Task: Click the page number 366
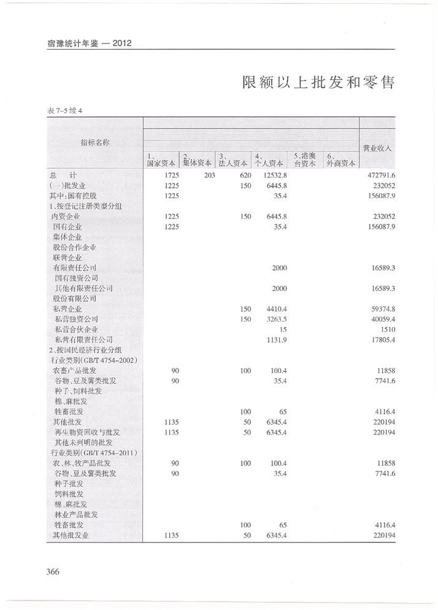52,572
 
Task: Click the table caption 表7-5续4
64,110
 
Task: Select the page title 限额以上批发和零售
318,82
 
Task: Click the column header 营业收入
377,148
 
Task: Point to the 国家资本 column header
161,160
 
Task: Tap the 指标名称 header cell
95,142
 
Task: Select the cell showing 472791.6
380,175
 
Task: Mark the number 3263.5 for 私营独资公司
275,320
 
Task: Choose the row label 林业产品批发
77,515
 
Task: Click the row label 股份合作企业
75,247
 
